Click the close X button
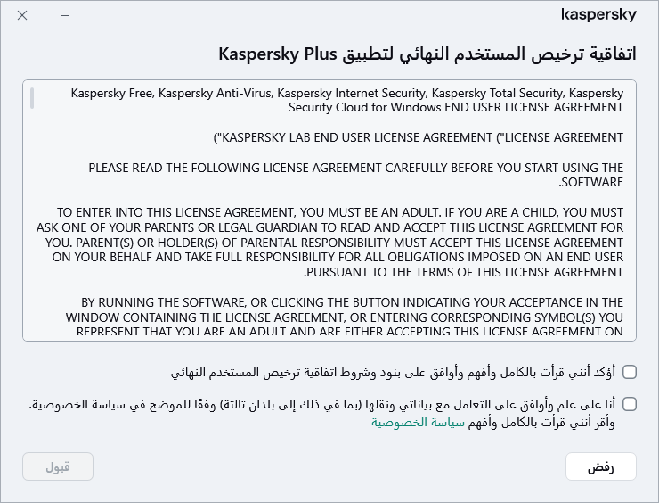coord(22,16)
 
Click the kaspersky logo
coord(599,15)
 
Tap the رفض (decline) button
coord(600,466)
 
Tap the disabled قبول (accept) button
coord(58,466)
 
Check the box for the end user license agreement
coord(630,371)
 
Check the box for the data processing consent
coord(630,404)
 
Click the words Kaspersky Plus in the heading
coord(277,54)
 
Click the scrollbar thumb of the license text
coord(31,97)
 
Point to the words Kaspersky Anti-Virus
coord(209,93)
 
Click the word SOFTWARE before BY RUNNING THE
coord(592,182)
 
